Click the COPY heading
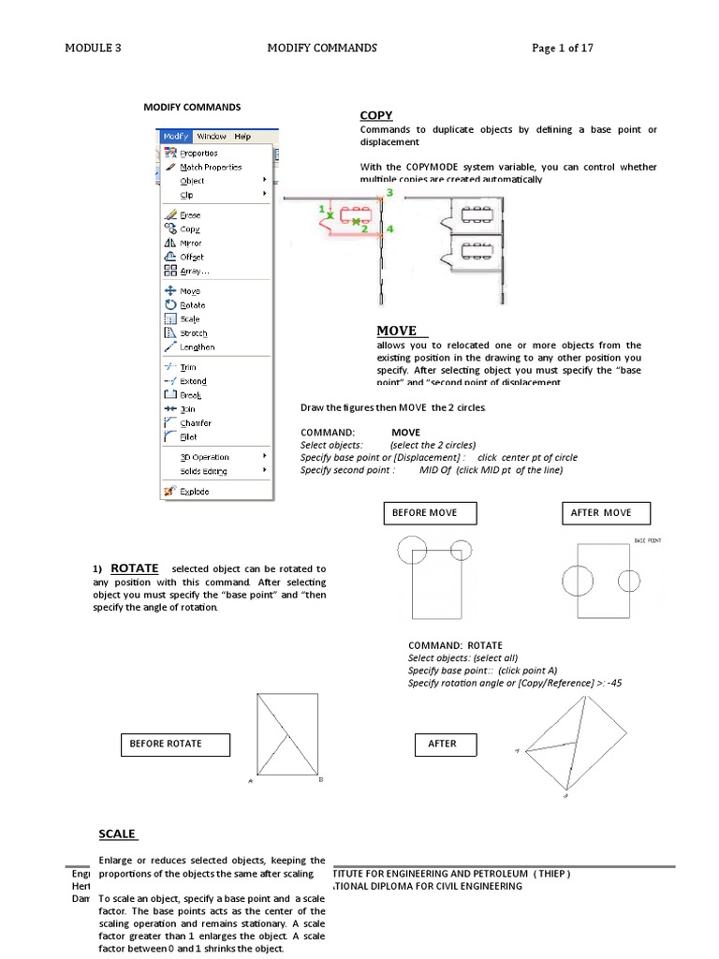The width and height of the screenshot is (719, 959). pyautogui.click(x=375, y=115)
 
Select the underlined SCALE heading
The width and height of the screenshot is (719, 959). pyautogui.click(x=117, y=834)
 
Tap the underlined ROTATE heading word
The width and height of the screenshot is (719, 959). pyautogui.click(x=135, y=568)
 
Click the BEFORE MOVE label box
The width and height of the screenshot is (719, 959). pyautogui.click(x=430, y=513)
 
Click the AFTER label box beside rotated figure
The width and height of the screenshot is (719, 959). pyautogui.click(x=445, y=745)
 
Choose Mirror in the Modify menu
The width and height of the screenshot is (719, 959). pyautogui.click(x=190, y=243)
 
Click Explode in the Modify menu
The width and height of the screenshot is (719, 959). pyautogui.click(x=194, y=491)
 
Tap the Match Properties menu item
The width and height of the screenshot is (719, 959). pyautogui.click(x=210, y=167)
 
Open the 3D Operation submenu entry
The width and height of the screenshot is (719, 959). pyautogui.click(x=203, y=457)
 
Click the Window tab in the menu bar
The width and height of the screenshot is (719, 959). pyautogui.click(x=211, y=136)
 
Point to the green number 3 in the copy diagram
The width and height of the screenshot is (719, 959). pyautogui.click(x=389, y=192)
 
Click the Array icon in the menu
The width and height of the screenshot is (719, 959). pyautogui.click(x=169, y=271)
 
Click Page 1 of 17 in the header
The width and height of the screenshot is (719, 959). pyautogui.click(x=563, y=48)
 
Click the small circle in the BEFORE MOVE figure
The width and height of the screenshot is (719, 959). pyautogui.click(x=461, y=551)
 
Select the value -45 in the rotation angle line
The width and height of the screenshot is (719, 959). pyautogui.click(x=613, y=683)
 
